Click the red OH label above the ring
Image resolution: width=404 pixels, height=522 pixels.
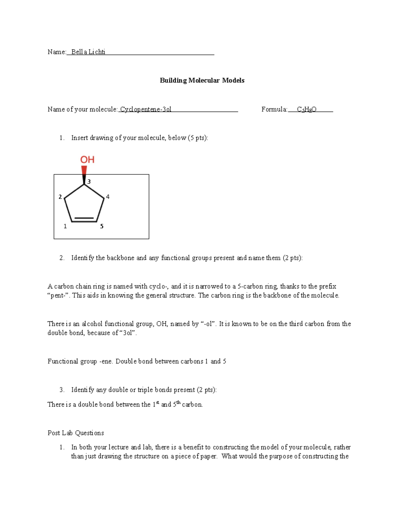click(x=87, y=160)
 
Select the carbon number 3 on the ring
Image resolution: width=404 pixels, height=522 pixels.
click(x=89, y=182)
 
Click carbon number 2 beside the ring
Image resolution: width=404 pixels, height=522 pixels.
click(x=60, y=197)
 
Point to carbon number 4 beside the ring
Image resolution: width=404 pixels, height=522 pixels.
click(x=108, y=197)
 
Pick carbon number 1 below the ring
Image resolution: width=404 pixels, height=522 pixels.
click(x=65, y=226)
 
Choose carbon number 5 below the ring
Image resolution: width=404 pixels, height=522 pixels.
click(x=102, y=226)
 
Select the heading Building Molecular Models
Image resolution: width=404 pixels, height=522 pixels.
click(x=202, y=80)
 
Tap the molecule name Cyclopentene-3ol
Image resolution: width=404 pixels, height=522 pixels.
click(x=146, y=109)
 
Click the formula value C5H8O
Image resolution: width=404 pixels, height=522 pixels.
click(x=307, y=110)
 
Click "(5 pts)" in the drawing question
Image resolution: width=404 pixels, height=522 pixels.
click(x=198, y=138)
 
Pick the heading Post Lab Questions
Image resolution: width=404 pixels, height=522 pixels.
click(x=76, y=433)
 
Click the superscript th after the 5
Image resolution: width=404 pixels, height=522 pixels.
click(x=178, y=402)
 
